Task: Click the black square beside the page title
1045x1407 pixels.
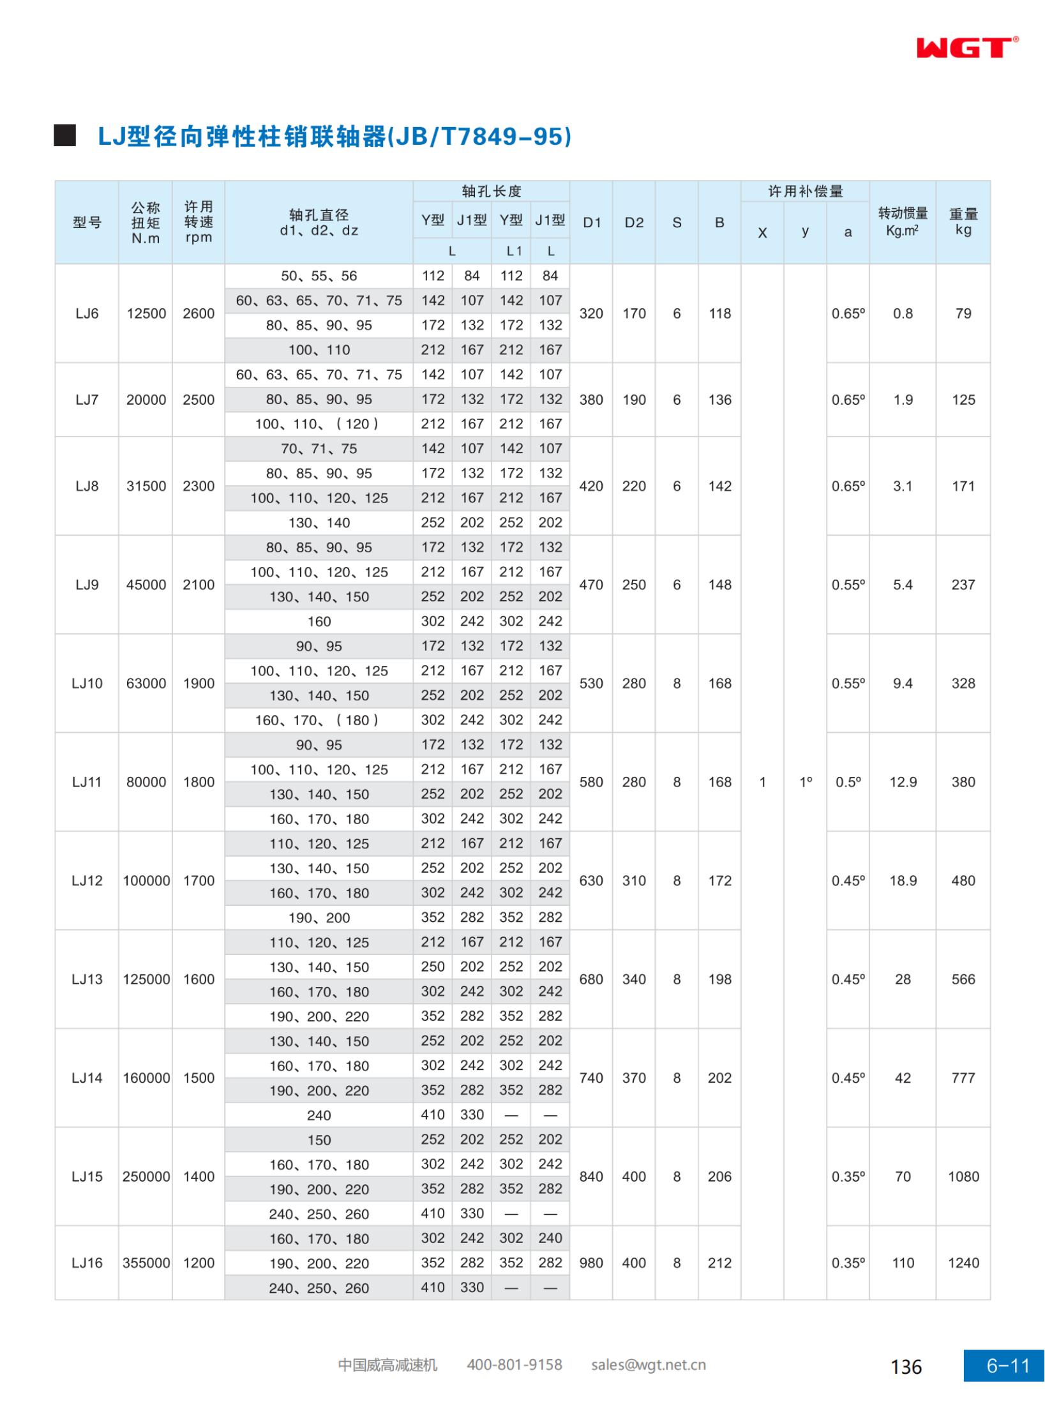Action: click(x=64, y=136)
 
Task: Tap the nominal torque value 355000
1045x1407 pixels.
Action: click(x=146, y=1263)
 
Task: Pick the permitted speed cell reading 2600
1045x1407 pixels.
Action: click(x=199, y=313)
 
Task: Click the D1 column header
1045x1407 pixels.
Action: click(x=592, y=222)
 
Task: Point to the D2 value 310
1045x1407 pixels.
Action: click(x=634, y=880)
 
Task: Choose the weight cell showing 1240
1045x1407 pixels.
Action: click(x=963, y=1263)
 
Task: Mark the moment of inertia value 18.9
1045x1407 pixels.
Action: click(x=903, y=880)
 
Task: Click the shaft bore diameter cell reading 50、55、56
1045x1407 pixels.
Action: click(x=319, y=276)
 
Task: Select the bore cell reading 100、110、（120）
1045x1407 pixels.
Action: click(x=319, y=424)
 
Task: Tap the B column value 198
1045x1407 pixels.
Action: click(x=719, y=979)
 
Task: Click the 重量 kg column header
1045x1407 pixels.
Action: click(x=963, y=222)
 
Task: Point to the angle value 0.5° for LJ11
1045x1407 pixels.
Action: click(x=848, y=782)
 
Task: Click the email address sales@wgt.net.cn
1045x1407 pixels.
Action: click(x=648, y=1365)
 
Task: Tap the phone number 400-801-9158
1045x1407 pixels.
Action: click(x=514, y=1365)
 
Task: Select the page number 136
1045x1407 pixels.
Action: click(x=906, y=1366)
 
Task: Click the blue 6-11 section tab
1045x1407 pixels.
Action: click(x=1007, y=1366)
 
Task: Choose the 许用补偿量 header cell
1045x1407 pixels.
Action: click(x=805, y=192)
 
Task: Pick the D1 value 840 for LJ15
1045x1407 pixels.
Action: click(x=591, y=1177)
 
